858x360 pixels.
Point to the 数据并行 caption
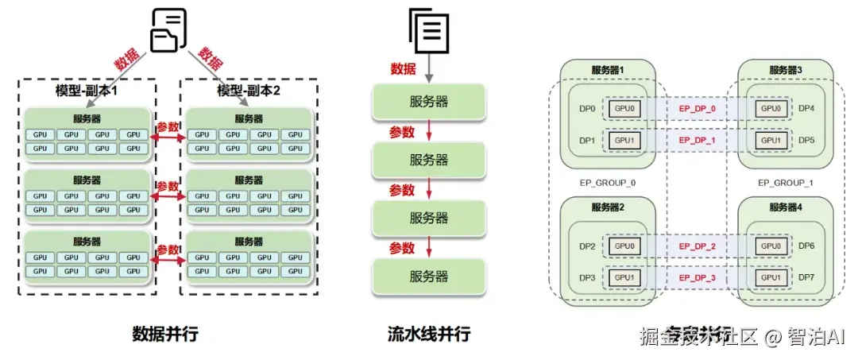point(165,334)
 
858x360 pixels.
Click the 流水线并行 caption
point(429,334)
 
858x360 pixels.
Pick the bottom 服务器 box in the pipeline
point(429,276)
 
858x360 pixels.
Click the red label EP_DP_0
point(698,108)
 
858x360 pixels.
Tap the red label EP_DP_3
point(698,277)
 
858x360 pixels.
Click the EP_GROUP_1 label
point(785,183)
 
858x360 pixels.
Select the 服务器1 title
point(608,70)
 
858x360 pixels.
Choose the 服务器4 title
point(785,208)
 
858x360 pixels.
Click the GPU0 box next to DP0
point(624,108)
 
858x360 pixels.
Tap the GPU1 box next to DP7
point(771,277)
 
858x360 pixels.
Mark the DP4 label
point(806,108)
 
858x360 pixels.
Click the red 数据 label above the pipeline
point(403,68)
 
